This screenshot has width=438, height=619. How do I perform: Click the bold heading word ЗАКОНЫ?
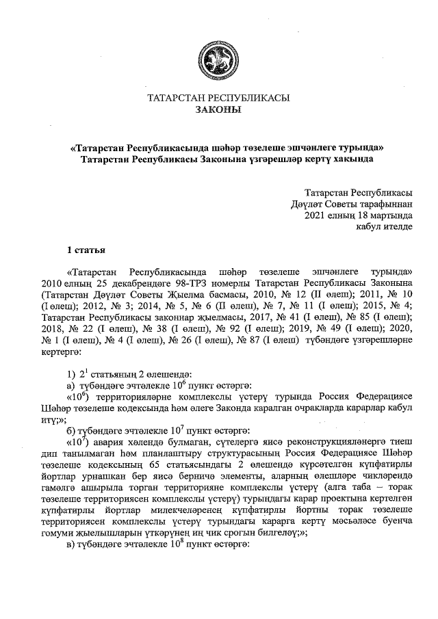[x=218, y=109]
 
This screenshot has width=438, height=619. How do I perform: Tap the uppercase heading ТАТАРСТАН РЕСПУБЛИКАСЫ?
[x=218, y=98]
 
